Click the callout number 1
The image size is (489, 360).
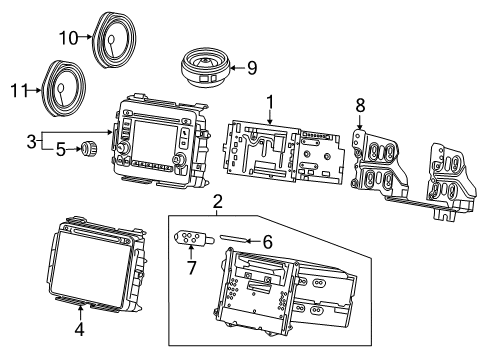tap(269, 101)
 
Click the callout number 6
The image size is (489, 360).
tap(265, 241)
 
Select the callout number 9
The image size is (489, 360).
tap(251, 68)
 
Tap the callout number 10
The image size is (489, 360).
tap(68, 39)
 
